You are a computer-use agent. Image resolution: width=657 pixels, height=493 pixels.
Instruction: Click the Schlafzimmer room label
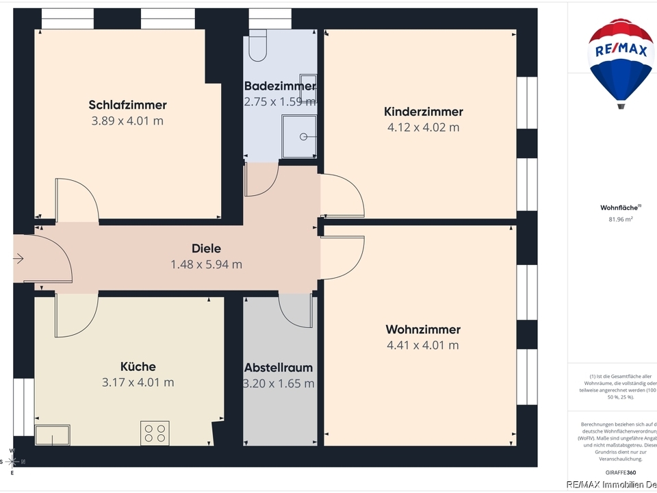(x=127, y=105)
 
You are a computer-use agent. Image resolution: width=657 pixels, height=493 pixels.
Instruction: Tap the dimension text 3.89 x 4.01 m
(x=127, y=121)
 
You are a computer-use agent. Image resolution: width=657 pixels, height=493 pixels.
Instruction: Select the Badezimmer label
(x=280, y=86)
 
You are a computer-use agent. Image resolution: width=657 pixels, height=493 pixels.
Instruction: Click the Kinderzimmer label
(x=423, y=112)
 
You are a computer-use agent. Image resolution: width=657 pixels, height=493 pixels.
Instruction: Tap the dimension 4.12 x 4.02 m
(x=423, y=127)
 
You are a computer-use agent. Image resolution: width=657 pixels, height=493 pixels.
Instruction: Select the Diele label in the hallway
(x=206, y=249)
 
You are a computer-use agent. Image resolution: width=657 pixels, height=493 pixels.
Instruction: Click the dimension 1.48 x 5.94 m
(x=206, y=264)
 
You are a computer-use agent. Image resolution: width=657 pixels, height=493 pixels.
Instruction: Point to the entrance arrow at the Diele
(x=18, y=259)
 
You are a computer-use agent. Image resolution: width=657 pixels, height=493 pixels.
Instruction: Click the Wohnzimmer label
(x=423, y=330)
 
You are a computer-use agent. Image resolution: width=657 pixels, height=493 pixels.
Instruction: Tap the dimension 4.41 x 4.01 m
(x=423, y=346)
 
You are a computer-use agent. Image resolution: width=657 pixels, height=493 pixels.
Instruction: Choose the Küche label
(x=138, y=367)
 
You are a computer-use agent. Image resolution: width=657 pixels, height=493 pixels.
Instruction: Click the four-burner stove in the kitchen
(x=154, y=433)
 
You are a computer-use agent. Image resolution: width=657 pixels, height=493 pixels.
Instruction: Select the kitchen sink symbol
(x=53, y=435)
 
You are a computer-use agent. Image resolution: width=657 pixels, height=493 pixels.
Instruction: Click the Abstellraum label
(x=279, y=368)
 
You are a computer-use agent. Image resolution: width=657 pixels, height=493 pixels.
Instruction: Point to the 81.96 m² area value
(x=620, y=220)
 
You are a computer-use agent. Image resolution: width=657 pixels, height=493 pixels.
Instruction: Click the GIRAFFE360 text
(x=620, y=473)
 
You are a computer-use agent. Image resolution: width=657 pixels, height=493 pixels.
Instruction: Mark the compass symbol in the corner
(x=12, y=462)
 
